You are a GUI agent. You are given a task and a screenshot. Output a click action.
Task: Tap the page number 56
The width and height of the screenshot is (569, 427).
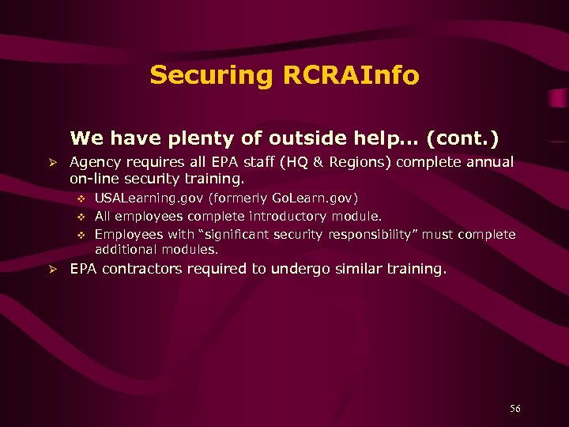tap(515, 408)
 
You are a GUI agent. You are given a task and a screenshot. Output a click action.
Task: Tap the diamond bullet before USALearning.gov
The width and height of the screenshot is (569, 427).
tap(81, 198)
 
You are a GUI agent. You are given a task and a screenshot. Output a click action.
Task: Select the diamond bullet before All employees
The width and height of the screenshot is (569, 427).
tap(81, 217)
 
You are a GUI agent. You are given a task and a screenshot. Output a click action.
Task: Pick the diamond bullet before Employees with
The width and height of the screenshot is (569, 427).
tap(81, 235)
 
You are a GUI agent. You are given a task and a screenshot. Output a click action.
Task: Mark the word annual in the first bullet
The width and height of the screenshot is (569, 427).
tap(490, 162)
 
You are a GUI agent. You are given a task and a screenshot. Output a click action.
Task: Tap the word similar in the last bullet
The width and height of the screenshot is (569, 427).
tap(358, 269)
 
